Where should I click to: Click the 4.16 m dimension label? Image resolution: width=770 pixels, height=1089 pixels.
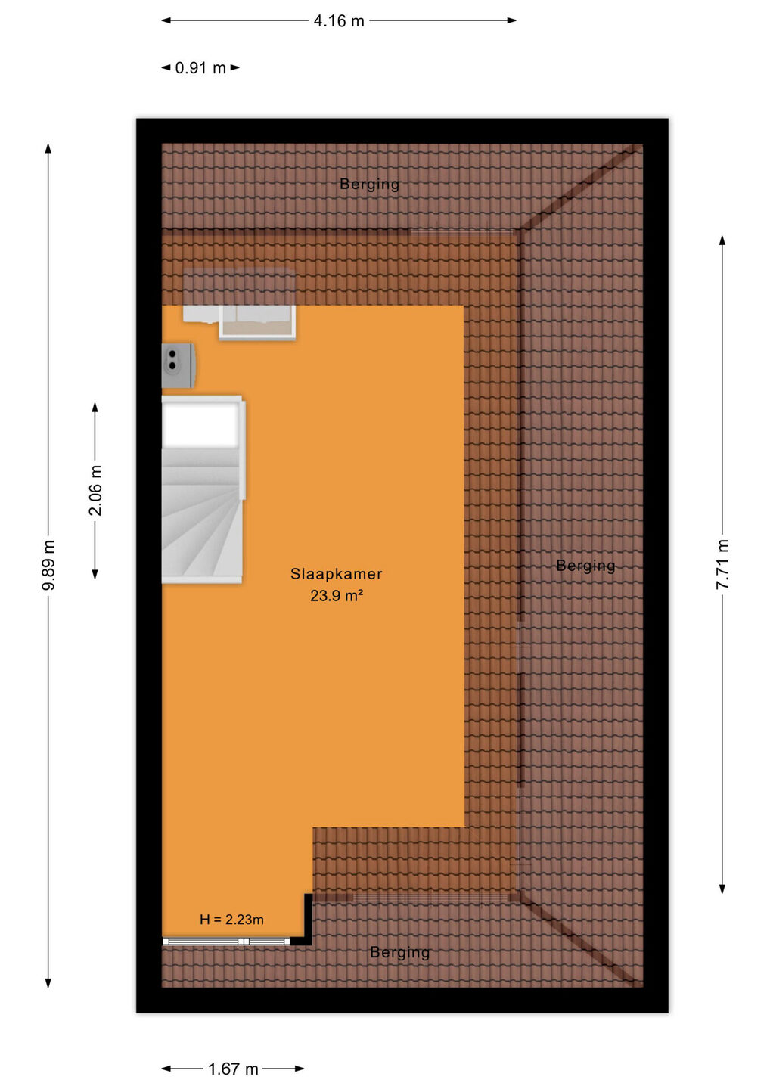339,21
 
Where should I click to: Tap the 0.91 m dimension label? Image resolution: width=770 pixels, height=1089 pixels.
200,67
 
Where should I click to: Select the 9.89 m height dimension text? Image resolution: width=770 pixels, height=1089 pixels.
48,564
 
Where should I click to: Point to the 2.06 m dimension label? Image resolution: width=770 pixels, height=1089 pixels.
95,490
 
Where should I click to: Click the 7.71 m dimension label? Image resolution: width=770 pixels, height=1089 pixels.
722,564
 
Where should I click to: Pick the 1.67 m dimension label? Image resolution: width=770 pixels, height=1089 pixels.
233,1069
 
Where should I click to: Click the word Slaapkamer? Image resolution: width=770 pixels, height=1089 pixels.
337,574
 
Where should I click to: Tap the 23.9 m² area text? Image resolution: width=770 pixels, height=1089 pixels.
337,596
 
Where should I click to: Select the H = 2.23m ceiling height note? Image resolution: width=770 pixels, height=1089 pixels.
232,920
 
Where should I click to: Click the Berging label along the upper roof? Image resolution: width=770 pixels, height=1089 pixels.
369,184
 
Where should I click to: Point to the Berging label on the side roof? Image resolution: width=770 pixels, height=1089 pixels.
585,566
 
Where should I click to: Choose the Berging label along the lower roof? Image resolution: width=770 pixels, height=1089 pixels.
400,952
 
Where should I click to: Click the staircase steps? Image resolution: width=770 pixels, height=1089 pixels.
201,515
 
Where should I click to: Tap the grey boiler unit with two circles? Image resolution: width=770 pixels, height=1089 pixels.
179,365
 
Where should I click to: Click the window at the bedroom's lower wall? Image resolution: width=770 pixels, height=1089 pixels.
226,942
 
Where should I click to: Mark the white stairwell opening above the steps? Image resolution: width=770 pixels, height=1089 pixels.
201,425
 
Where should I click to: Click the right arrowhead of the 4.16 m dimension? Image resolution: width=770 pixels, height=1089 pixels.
512,20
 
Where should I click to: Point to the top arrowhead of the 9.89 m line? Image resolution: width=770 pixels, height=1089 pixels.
48,148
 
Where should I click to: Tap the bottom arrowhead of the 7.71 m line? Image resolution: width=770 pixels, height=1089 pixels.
722,888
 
